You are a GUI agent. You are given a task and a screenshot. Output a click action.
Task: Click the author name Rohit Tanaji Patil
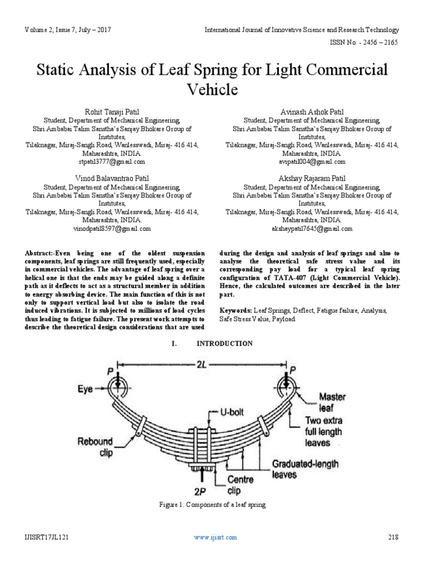[x=112, y=111]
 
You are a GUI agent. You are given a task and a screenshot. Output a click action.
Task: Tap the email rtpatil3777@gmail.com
[x=112, y=162]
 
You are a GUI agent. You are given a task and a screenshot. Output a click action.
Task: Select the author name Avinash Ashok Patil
[x=312, y=111]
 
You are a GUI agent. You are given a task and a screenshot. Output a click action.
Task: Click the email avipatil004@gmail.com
[x=312, y=162]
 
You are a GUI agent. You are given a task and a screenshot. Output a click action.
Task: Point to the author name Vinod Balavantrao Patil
[x=112, y=178]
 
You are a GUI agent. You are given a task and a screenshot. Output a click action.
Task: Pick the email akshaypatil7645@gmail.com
[x=312, y=228]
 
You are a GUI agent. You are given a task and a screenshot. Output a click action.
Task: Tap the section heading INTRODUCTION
[x=224, y=343]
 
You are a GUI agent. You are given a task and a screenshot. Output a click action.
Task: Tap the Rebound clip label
[x=95, y=447]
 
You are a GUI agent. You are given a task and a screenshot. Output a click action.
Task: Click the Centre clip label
[x=241, y=486]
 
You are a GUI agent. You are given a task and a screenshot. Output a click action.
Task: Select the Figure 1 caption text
[x=212, y=505]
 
